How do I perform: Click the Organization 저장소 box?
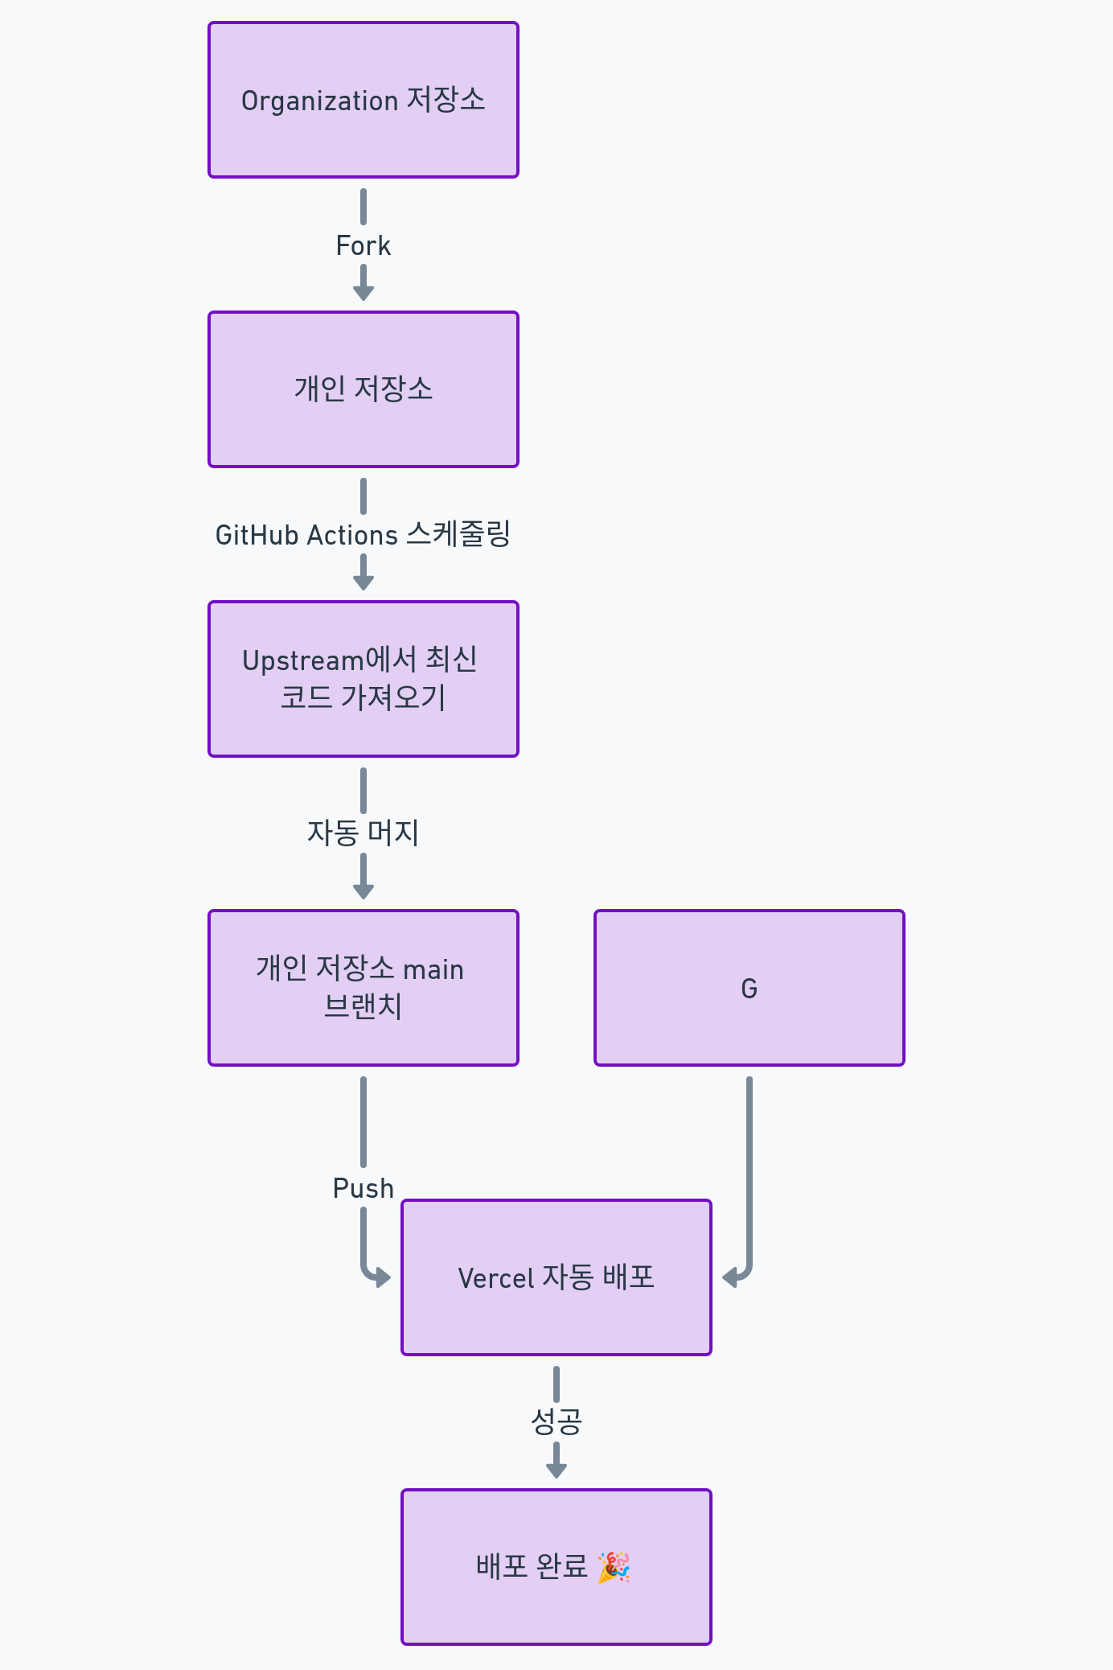click(363, 100)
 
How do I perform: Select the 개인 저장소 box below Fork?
click(363, 389)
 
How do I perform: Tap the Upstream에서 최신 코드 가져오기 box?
click(363, 679)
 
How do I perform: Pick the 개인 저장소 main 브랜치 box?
click(363, 988)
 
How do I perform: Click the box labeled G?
click(750, 988)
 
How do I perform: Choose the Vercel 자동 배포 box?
click(556, 1277)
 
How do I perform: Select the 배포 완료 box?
click(556, 1567)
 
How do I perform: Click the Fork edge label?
click(363, 245)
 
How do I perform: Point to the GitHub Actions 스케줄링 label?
click(363, 535)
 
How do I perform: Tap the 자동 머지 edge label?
click(363, 833)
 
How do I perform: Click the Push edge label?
click(363, 1188)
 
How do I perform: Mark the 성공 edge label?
click(556, 1421)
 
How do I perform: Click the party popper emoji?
click(614, 1567)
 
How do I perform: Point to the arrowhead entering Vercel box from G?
click(729, 1277)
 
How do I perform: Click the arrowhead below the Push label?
click(384, 1277)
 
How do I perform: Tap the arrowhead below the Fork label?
click(363, 294)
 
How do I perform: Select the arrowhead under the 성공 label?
click(556, 1471)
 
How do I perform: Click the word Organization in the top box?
click(320, 101)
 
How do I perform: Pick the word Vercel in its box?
click(496, 1278)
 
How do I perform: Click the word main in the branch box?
click(433, 970)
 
